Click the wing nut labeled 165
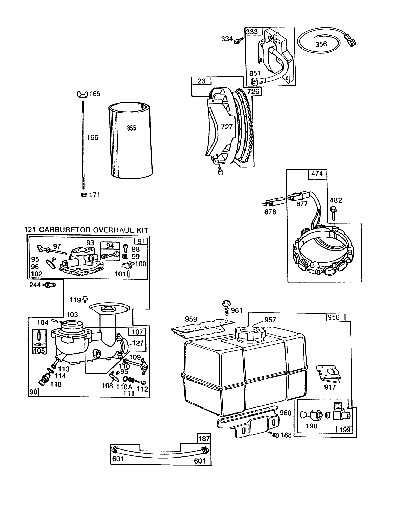tap(81, 94)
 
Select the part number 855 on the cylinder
tap(131, 128)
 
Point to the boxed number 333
tap(251, 32)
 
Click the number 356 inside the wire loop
tap(321, 44)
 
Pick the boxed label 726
tap(253, 91)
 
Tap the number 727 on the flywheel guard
tap(227, 127)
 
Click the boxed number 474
tap(317, 174)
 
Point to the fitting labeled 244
tap(49, 285)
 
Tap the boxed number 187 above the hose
tap(204, 439)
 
